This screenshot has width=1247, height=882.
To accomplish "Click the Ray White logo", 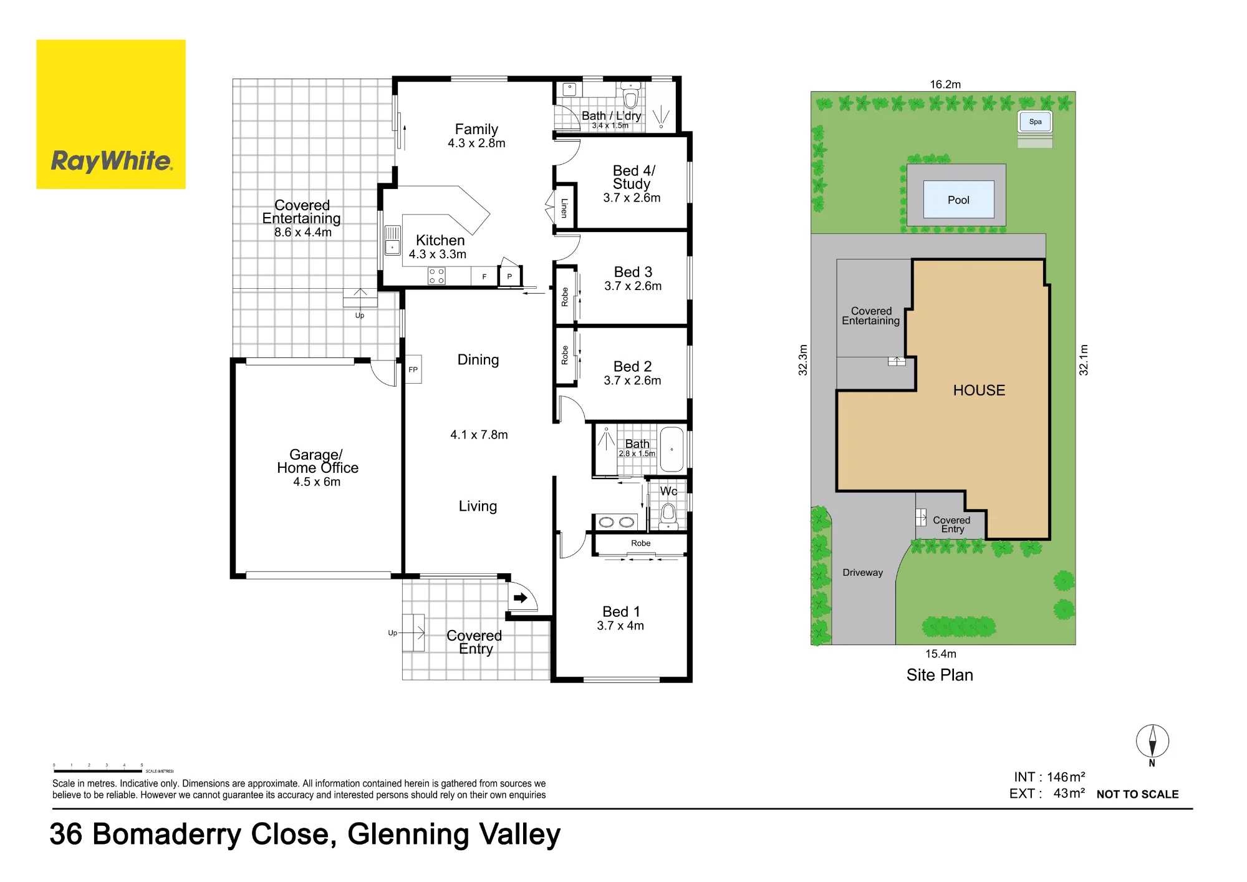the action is click(111, 114).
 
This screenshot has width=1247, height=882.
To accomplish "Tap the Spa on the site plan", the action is click(1035, 122).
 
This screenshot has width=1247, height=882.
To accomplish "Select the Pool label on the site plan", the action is click(958, 200).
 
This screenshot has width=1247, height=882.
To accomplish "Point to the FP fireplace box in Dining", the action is click(413, 369).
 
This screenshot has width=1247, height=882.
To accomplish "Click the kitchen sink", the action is click(392, 240).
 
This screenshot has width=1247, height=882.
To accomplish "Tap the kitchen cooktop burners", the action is click(436, 276).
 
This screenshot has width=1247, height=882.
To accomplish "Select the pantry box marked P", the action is click(509, 276).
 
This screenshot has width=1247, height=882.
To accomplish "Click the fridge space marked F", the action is click(484, 276).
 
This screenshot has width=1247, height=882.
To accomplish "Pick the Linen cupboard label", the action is click(564, 208).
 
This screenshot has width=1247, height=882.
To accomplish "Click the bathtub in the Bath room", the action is click(672, 449).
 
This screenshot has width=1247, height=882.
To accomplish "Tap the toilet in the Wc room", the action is click(668, 515).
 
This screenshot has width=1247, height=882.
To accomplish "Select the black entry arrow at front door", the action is click(521, 598).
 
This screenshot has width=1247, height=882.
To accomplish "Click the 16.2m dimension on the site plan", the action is click(945, 84).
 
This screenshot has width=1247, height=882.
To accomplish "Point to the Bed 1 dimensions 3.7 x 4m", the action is click(620, 626).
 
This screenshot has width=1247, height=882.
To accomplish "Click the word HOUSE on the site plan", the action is click(979, 390).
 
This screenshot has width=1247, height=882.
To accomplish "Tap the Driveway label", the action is click(863, 573).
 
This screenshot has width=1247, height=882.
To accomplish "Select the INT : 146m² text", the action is click(1049, 777).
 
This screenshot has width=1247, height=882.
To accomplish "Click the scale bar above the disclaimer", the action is click(98, 772).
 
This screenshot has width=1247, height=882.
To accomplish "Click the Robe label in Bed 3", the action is click(565, 297).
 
